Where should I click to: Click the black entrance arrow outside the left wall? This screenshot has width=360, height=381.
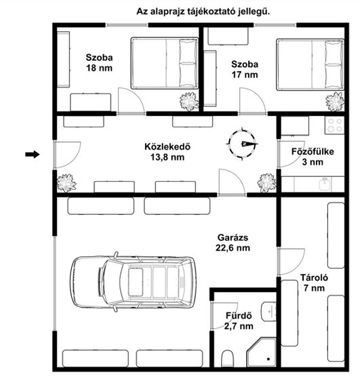pyautogui.click(x=33, y=154)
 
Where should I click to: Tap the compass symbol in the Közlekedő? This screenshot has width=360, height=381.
pyautogui.click(x=242, y=144)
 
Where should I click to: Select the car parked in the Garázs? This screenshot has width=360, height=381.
pyautogui.click(x=133, y=282)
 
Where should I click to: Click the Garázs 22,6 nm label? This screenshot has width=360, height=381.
pyautogui.click(x=233, y=243)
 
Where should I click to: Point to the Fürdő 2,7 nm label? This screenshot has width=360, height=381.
pyautogui.click(x=239, y=321)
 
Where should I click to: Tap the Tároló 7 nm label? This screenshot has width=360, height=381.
pyautogui.click(x=314, y=283)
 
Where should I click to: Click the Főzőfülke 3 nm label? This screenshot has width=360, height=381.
pyautogui.click(x=313, y=157)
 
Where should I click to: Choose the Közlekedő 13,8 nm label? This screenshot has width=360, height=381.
pyautogui.click(x=167, y=152)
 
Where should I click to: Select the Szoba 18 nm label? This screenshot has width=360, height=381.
pyautogui.click(x=99, y=62)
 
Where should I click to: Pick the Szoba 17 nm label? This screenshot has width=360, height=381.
pyautogui.click(x=245, y=70)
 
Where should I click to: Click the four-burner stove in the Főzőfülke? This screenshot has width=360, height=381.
pyautogui.click(x=334, y=125)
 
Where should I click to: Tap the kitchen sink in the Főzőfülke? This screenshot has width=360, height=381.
pyautogui.click(x=325, y=184)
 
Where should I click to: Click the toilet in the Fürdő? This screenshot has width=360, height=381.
pyautogui.click(x=227, y=359)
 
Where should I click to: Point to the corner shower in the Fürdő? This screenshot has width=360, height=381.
pyautogui.click(x=262, y=352)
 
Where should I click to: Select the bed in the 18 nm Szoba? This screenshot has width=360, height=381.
pyautogui.click(x=165, y=63)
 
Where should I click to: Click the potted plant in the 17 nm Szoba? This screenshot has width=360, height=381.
pyautogui.click(x=335, y=102)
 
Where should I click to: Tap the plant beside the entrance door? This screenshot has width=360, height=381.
pyautogui.click(x=66, y=183)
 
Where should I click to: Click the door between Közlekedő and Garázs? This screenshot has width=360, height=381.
pyautogui.click(x=232, y=182)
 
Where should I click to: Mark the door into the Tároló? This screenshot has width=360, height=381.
pyautogui.click(x=291, y=262)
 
